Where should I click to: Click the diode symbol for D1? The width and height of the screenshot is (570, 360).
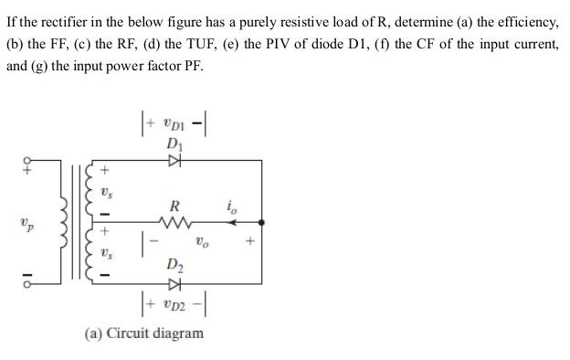pyautogui.click(x=174, y=162)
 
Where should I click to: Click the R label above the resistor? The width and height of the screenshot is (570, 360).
pyautogui.click(x=172, y=205)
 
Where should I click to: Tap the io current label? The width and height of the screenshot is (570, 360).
pyautogui.click(x=231, y=207)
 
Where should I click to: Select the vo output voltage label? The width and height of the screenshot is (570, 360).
pyautogui.click(x=200, y=243)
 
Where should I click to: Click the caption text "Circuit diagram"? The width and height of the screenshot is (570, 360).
pyautogui.click(x=155, y=333)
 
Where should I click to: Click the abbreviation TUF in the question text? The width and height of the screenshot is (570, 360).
pyautogui.click(x=213, y=45)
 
